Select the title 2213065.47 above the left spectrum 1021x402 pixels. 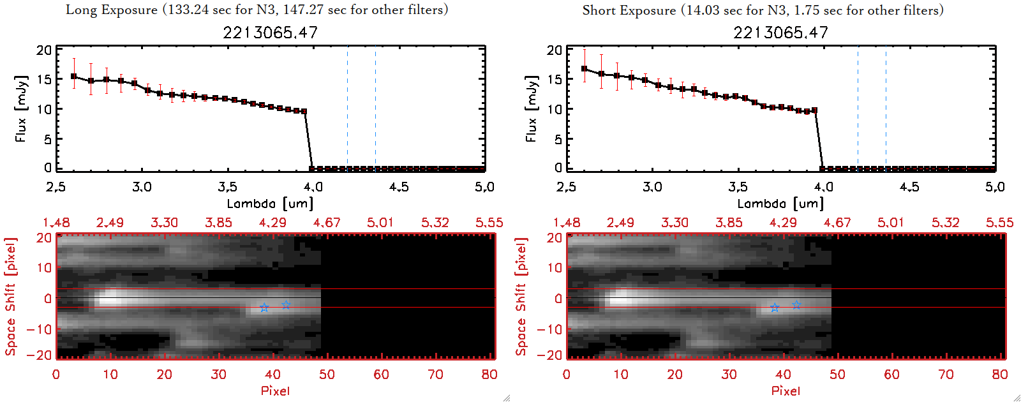(270, 33)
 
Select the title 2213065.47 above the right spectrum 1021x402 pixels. (780, 33)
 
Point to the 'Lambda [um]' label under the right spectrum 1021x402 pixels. (780, 204)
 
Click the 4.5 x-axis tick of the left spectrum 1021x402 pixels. (399, 187)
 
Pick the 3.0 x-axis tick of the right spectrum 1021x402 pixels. (652, 187)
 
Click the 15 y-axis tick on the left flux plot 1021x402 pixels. (44, 80)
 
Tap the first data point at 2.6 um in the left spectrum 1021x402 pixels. (74, 77)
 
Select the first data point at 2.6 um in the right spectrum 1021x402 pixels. (585, 69)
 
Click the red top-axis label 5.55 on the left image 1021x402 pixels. (489, 223)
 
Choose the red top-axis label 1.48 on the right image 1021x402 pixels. (567, 223)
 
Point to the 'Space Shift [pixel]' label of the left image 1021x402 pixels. (10, 297)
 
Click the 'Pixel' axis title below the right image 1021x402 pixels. (786, 391)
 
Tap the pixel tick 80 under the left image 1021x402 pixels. (489, 375)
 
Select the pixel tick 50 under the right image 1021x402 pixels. (837, 375)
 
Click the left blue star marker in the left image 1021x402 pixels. (264, 308)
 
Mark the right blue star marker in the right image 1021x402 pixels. (796, 305)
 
